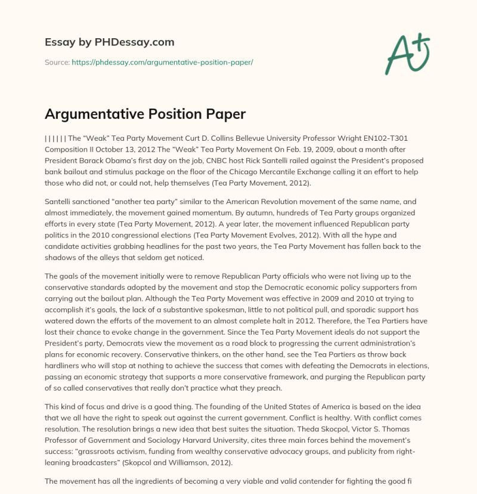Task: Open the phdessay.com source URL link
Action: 162,63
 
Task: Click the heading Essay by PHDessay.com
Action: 109,42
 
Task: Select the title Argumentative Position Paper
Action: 145,114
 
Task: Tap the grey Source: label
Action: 57,63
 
